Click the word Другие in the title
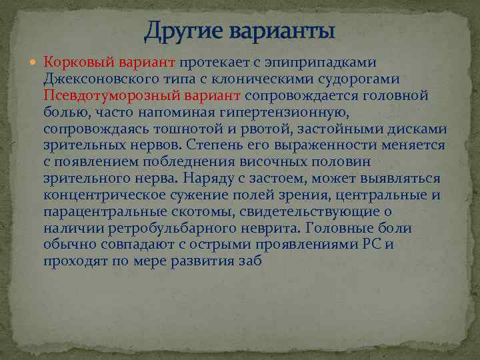click(181, 30)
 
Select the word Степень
click(213, 145)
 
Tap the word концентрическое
click(109, 195)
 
